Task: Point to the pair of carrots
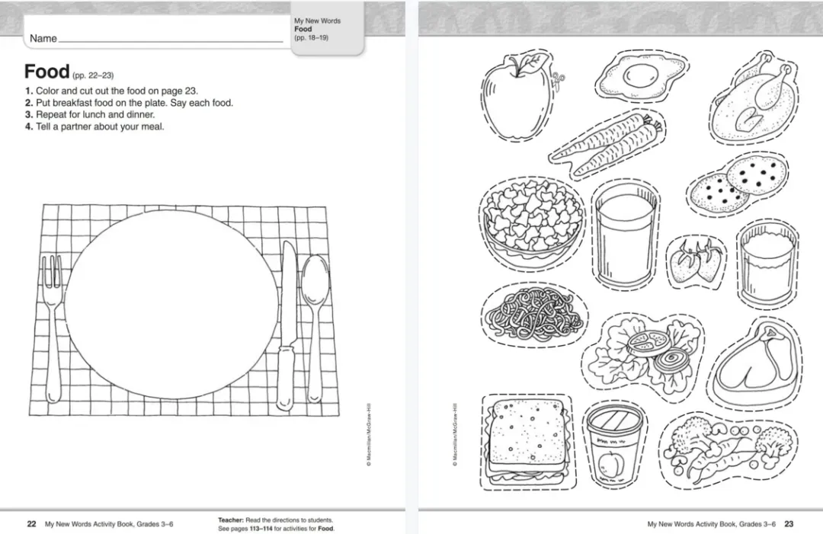607,144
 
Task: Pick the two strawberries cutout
697,261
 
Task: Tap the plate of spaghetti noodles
533,314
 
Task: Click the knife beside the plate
287,325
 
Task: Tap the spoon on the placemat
315,325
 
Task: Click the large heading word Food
46,72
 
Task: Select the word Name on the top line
43,38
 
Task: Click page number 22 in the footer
31,524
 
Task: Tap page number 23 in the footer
789,524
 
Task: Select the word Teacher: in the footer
230,520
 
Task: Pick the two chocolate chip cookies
738,184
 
